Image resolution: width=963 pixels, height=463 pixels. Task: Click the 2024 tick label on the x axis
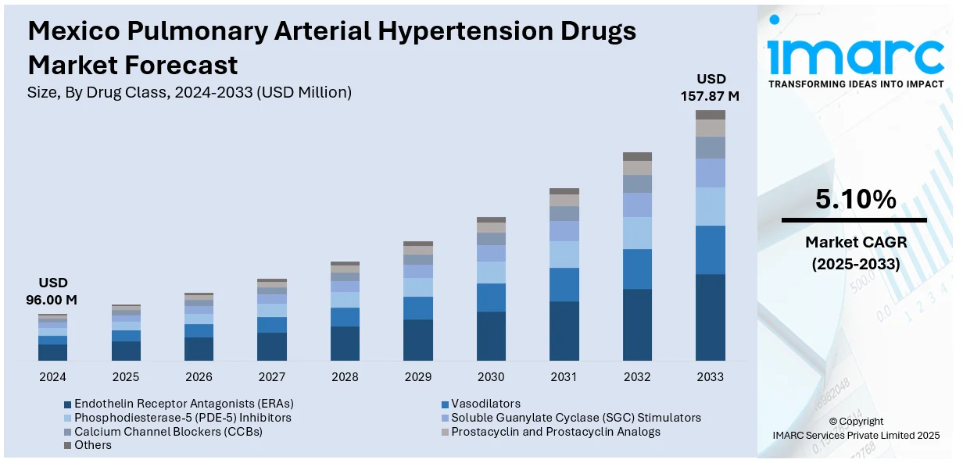53,377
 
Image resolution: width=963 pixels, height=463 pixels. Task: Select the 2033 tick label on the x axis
711,377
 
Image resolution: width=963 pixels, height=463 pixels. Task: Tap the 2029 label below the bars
418,377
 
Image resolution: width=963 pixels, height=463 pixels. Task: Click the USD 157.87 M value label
711,87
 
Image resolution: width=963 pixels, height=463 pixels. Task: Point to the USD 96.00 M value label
53,290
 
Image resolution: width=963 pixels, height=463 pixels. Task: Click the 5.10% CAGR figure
855,200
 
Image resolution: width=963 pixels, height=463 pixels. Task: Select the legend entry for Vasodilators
485,404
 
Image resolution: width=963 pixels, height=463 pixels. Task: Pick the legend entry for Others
93,445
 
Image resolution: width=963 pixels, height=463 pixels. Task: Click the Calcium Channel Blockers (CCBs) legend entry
168,432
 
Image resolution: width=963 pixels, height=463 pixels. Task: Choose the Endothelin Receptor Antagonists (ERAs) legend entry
184,404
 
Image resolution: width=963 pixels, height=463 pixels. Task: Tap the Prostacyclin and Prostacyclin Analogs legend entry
556,432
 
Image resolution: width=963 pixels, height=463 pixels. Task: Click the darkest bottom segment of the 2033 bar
711,317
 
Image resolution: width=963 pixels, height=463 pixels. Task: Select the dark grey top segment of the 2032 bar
637,156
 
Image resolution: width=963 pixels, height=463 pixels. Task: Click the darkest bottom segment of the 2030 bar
491,336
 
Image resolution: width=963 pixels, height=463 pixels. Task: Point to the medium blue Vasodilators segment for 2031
564,284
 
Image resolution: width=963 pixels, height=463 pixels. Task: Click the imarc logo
855,55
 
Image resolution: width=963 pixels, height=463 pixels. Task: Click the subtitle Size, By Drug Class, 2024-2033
189,92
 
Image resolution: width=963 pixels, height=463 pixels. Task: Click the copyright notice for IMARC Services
855,428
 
